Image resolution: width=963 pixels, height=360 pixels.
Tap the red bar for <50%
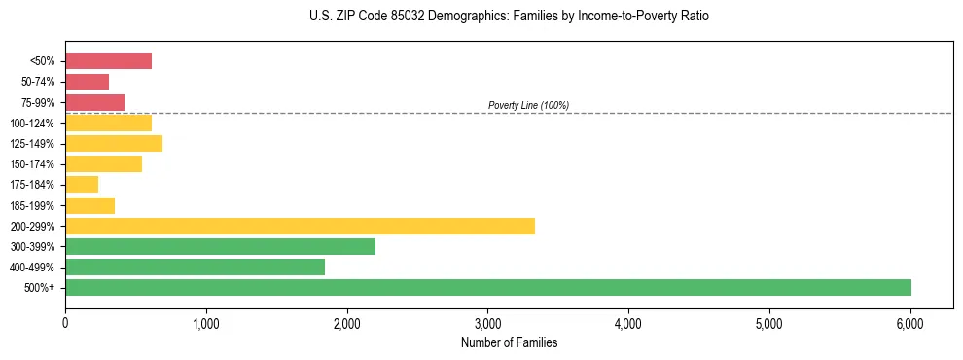[x=108, y=61]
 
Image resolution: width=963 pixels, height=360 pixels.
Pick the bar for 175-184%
[x=82, y=185]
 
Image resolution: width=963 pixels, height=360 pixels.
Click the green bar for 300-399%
[x=220, y=246]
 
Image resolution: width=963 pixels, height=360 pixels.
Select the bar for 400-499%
[x=195, y=267]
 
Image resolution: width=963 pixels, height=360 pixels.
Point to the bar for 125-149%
[x=114, y=144]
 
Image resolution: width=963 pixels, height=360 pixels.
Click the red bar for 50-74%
[x=87, y=82]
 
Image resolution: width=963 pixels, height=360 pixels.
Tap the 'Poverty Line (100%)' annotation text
[x=528, y=105]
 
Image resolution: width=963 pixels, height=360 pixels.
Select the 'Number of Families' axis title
[x=509, y=342]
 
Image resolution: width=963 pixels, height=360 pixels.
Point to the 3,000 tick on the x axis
[x=487, y=323]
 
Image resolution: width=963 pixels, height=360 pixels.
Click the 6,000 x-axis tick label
[x=909, y=323]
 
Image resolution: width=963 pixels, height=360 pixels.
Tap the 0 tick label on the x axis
[x=65, y=323]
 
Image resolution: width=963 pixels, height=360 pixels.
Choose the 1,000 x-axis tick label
[x=206, y=323]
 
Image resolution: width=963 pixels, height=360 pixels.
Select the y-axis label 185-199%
[x=35, y=205]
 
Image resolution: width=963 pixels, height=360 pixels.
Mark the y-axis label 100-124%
[x=35, y=124]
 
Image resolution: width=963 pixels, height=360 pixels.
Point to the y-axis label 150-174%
[x=35, y=164]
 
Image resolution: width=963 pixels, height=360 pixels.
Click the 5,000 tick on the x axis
[x=768, y=323]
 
